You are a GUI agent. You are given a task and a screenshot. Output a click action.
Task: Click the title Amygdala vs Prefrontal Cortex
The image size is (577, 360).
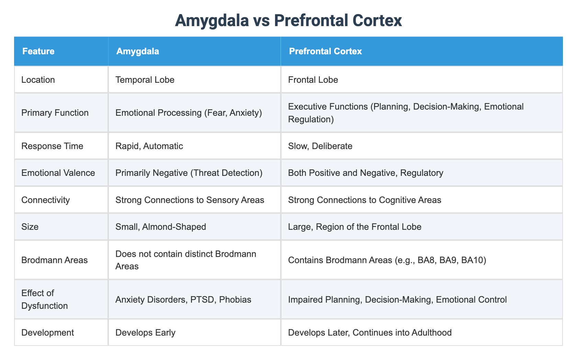pyautogui.click(x=288, y=21)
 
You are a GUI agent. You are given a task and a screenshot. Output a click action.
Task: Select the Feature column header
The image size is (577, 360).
pyautogui.click(x=38, y=52)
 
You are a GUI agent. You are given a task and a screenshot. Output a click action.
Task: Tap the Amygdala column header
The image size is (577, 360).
pyautogui.click(x=137, y=52)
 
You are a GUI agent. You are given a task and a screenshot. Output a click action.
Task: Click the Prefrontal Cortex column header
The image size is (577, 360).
pyautogui.click(x=325, y=52)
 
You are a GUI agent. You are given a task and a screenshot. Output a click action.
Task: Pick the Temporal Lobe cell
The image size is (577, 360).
pyautogui.click(x=145, y=80)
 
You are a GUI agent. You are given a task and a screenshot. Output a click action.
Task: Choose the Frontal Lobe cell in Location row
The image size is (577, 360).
pyautogui.click(x=313, y=80)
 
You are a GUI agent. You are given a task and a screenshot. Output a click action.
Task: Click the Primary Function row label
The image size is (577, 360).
pyautogui.click(x=55, y=113)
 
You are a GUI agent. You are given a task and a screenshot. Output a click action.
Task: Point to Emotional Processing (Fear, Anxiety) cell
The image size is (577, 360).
pyautogui.click(x=189, y=113)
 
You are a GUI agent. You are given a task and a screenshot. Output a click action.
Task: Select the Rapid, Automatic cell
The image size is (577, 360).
pyautogui.click(x=149, y=146)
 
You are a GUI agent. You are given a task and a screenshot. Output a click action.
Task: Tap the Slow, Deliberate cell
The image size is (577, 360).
pyautogui.click(x=320, y=146)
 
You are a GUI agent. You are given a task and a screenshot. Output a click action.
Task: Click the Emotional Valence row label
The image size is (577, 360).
pyautogui.click(x=58, y=172)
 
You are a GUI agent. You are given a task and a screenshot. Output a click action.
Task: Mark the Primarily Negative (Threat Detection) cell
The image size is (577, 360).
pyautogui.click(x=189, y=172)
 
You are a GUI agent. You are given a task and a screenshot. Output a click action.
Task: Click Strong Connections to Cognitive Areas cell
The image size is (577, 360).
pyautogui.click(x=364, y=200)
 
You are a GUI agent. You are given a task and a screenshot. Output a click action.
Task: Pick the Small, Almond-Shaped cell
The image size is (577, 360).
pyautogui.click(x=160, y=226)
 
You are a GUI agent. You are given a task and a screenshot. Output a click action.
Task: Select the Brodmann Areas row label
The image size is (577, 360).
pyautogui.click(x=54, y=260)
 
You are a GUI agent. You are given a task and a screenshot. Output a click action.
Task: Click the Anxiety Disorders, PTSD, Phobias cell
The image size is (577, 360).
pyautogui.click(x=183, y=300)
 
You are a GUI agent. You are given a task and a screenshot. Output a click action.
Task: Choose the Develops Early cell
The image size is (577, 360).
pyautogui.click(x=145, y=333)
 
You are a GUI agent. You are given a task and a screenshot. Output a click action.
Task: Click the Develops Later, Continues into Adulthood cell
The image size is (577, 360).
pyautogui.click(x=370, y=333)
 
